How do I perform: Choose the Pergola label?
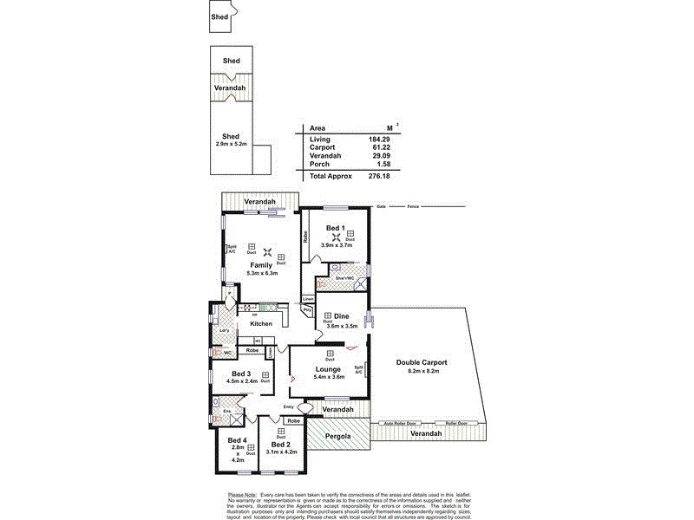337,436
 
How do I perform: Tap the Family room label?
261,264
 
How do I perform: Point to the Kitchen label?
261,324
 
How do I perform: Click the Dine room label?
341,316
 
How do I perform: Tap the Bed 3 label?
241,374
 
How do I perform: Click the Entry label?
289,406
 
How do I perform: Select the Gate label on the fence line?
380,207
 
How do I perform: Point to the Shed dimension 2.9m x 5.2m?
230,144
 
